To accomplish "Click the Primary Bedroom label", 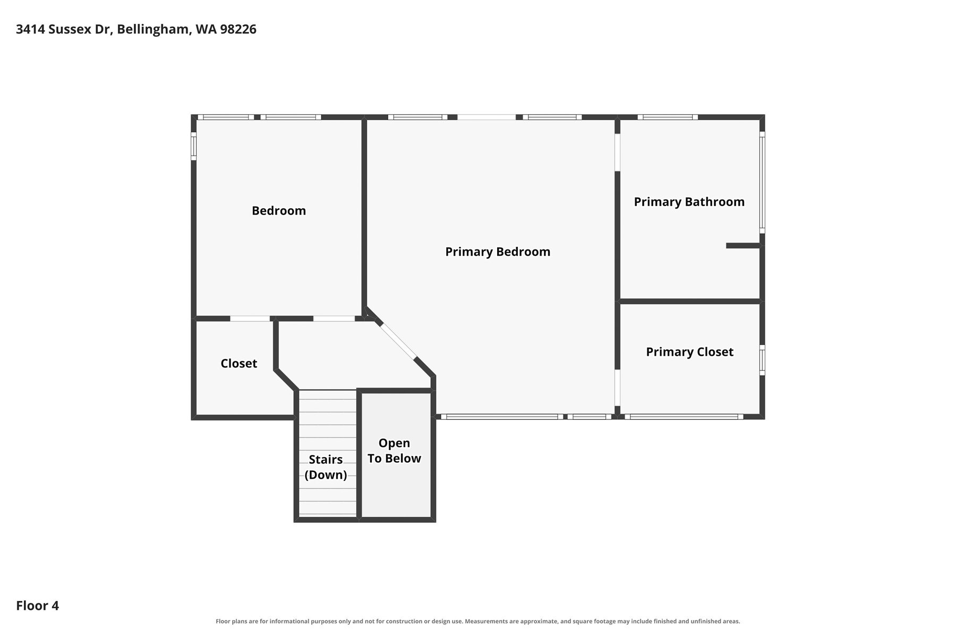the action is [x=498, y=252].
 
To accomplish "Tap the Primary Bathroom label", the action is [x=689, y=202].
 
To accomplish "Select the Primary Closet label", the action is [x=689, y=352].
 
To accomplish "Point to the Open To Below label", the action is [x=394, y=451].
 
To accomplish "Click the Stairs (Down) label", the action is [x=326, y=467].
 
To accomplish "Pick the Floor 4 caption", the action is [x=37, y=606].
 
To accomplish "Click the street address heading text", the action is [x=136, y=29].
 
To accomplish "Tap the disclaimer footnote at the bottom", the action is [x=477, y=621].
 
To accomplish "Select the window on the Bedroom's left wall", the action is [x=194, y=146].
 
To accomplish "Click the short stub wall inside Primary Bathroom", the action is [x=744, y=245].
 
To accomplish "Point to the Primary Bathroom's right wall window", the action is [x=762, y=183].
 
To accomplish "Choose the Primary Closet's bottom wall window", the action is [x=684, y=417].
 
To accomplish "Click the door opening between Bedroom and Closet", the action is [x=250, y=318].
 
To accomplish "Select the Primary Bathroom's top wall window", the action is [x=668, y=117].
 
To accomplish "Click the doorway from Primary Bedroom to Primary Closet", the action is [x=618, y=388].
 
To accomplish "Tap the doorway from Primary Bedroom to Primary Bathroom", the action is [x=618, y=152].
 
